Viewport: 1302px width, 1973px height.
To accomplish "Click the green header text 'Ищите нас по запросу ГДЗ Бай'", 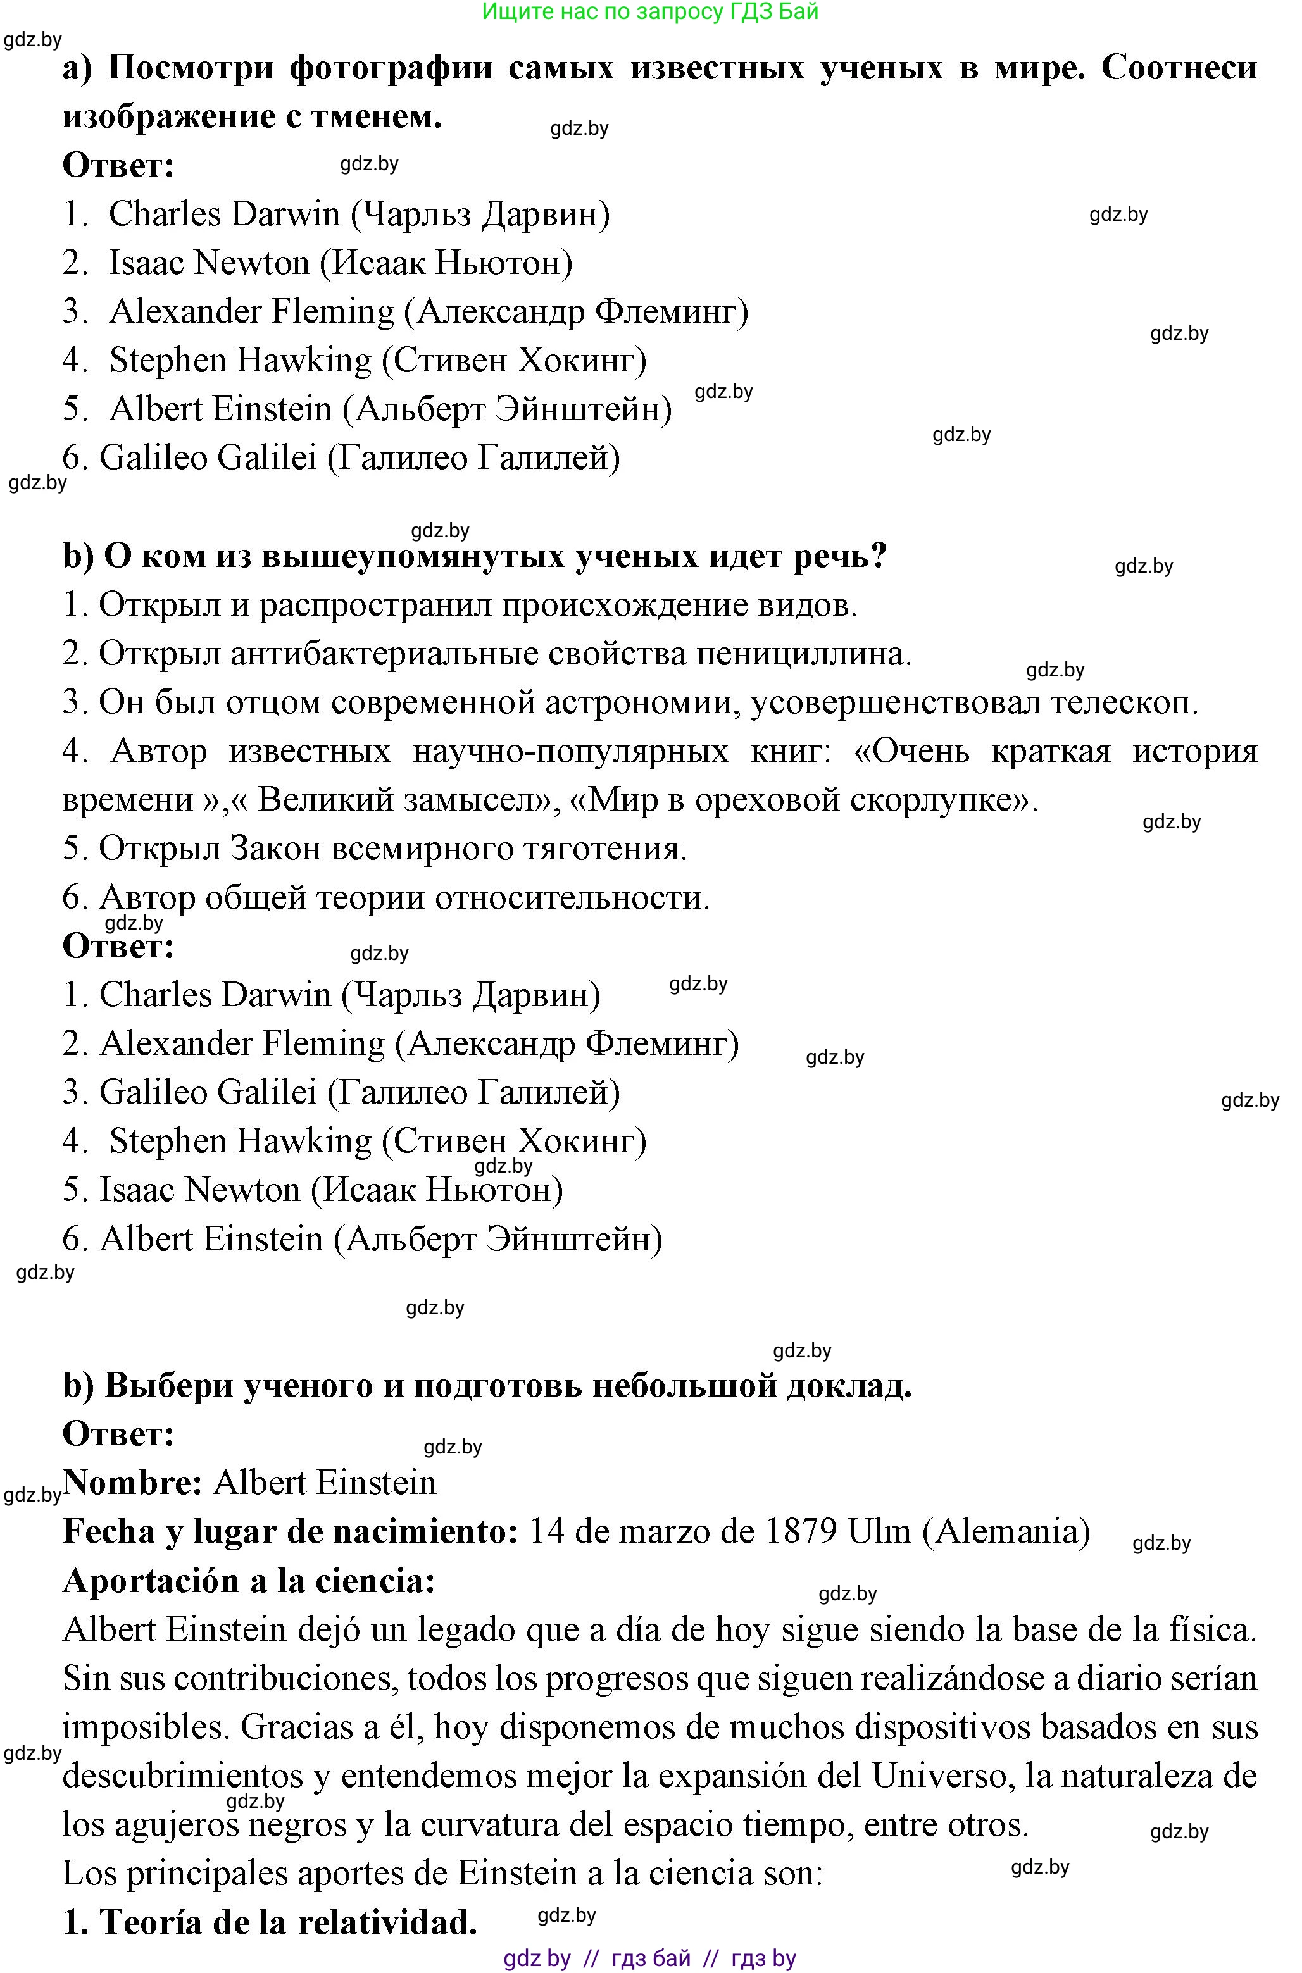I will [650, 11].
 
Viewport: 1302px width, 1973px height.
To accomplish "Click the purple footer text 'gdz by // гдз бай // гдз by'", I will [649, 1959].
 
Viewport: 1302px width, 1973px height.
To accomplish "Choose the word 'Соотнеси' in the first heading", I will [1179, 67].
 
